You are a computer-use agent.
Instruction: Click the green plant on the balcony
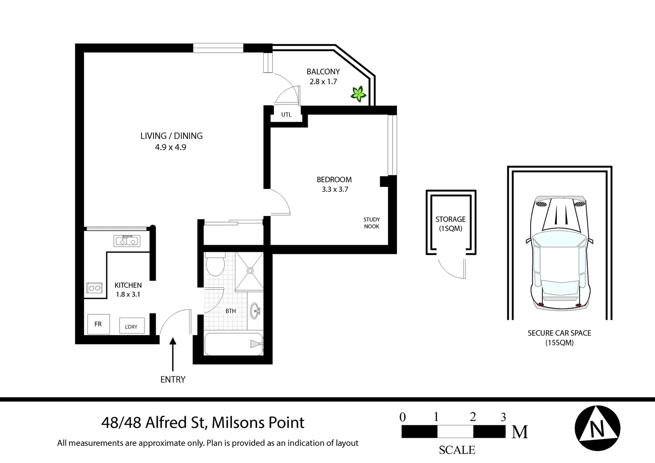click(358, 93)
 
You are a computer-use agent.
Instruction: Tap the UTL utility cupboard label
click(286, 114)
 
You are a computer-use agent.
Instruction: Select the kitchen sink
click(127, 241)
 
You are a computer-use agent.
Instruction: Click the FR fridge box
click(99, 324)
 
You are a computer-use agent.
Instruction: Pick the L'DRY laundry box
click(132, 325)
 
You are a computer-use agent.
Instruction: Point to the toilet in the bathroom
click(215, 264)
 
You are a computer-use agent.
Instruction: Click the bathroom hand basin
click(255, 311)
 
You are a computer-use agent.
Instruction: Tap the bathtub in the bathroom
click(234, 344)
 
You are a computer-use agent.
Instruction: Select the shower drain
click(250, 271)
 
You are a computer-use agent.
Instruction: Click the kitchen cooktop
click(94, 288)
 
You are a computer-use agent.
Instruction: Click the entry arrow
click(173, 355)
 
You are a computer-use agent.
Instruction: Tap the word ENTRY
click(173, 379)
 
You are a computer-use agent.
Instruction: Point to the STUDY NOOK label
click(372, 223)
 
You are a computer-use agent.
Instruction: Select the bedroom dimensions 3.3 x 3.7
click(335, 189)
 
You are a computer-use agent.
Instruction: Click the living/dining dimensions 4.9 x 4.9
click(171, 147)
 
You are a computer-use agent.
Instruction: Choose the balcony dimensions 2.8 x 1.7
click(323, 81)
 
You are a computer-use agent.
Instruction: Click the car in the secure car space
click(559, 253)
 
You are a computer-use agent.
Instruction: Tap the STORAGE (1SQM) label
click(451, 224)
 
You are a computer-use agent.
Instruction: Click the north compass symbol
click(598, 428)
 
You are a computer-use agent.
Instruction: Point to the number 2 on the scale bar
click(473, 417)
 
